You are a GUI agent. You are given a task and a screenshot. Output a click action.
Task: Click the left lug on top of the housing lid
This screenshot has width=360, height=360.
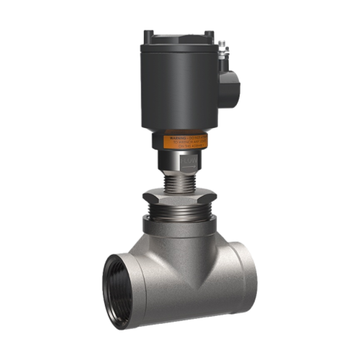pos(148,35)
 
